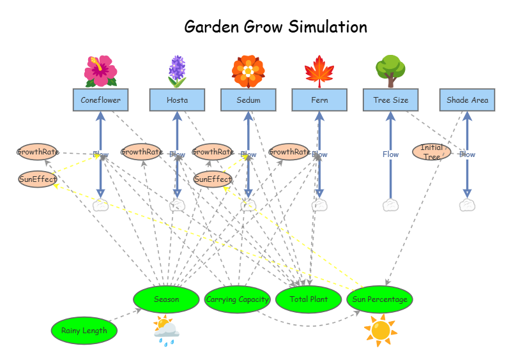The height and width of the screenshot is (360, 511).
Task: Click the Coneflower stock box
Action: pyautogui.click(x=100, y=100)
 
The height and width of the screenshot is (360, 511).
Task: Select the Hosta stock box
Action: pyautogui.click(x=177, y=100)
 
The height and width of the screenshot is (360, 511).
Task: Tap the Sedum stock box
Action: pyautogui.click(x=248, y=100)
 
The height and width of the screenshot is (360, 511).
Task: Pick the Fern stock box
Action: pyautogui.click(x=319, y=100)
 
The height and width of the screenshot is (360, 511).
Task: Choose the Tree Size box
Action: pyautogui.click(x=390, y=100)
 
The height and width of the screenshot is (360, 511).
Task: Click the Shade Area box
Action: pyautogui.click(x=467, y=100)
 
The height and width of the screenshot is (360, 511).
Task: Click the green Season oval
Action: pyautogui.click(x=166, y=299)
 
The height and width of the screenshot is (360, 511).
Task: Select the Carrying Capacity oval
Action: pyautogui.click(x=238, y=299)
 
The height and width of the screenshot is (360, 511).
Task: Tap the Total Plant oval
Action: pyautogui.click(x=309, y=299)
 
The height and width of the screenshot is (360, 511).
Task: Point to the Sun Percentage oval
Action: pyautogui.click(x=380, y=299)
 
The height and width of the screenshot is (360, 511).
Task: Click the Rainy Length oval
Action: pyautogui.click(x=84, y=331)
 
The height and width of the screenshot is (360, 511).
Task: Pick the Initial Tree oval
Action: pyautogui.click(x=432, y=152)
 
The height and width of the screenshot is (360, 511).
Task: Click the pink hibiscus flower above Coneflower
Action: pyautogui.click(x=100, y=71)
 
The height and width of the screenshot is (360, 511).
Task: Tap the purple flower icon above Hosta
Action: pyautogui.click(x=177, y=71)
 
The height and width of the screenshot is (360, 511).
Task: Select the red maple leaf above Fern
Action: pyautogui.click(x=319, y=71)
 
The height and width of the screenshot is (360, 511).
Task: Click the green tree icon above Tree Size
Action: pyautogui.click(x=389, y=70)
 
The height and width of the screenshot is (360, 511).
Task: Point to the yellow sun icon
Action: pyautogui.click(x=381, y=330)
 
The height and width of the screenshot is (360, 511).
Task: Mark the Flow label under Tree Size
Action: pyautogui.click(x=390, y=154)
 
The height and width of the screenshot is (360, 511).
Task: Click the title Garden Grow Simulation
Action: pyautogui.click(x=275, y=27)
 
